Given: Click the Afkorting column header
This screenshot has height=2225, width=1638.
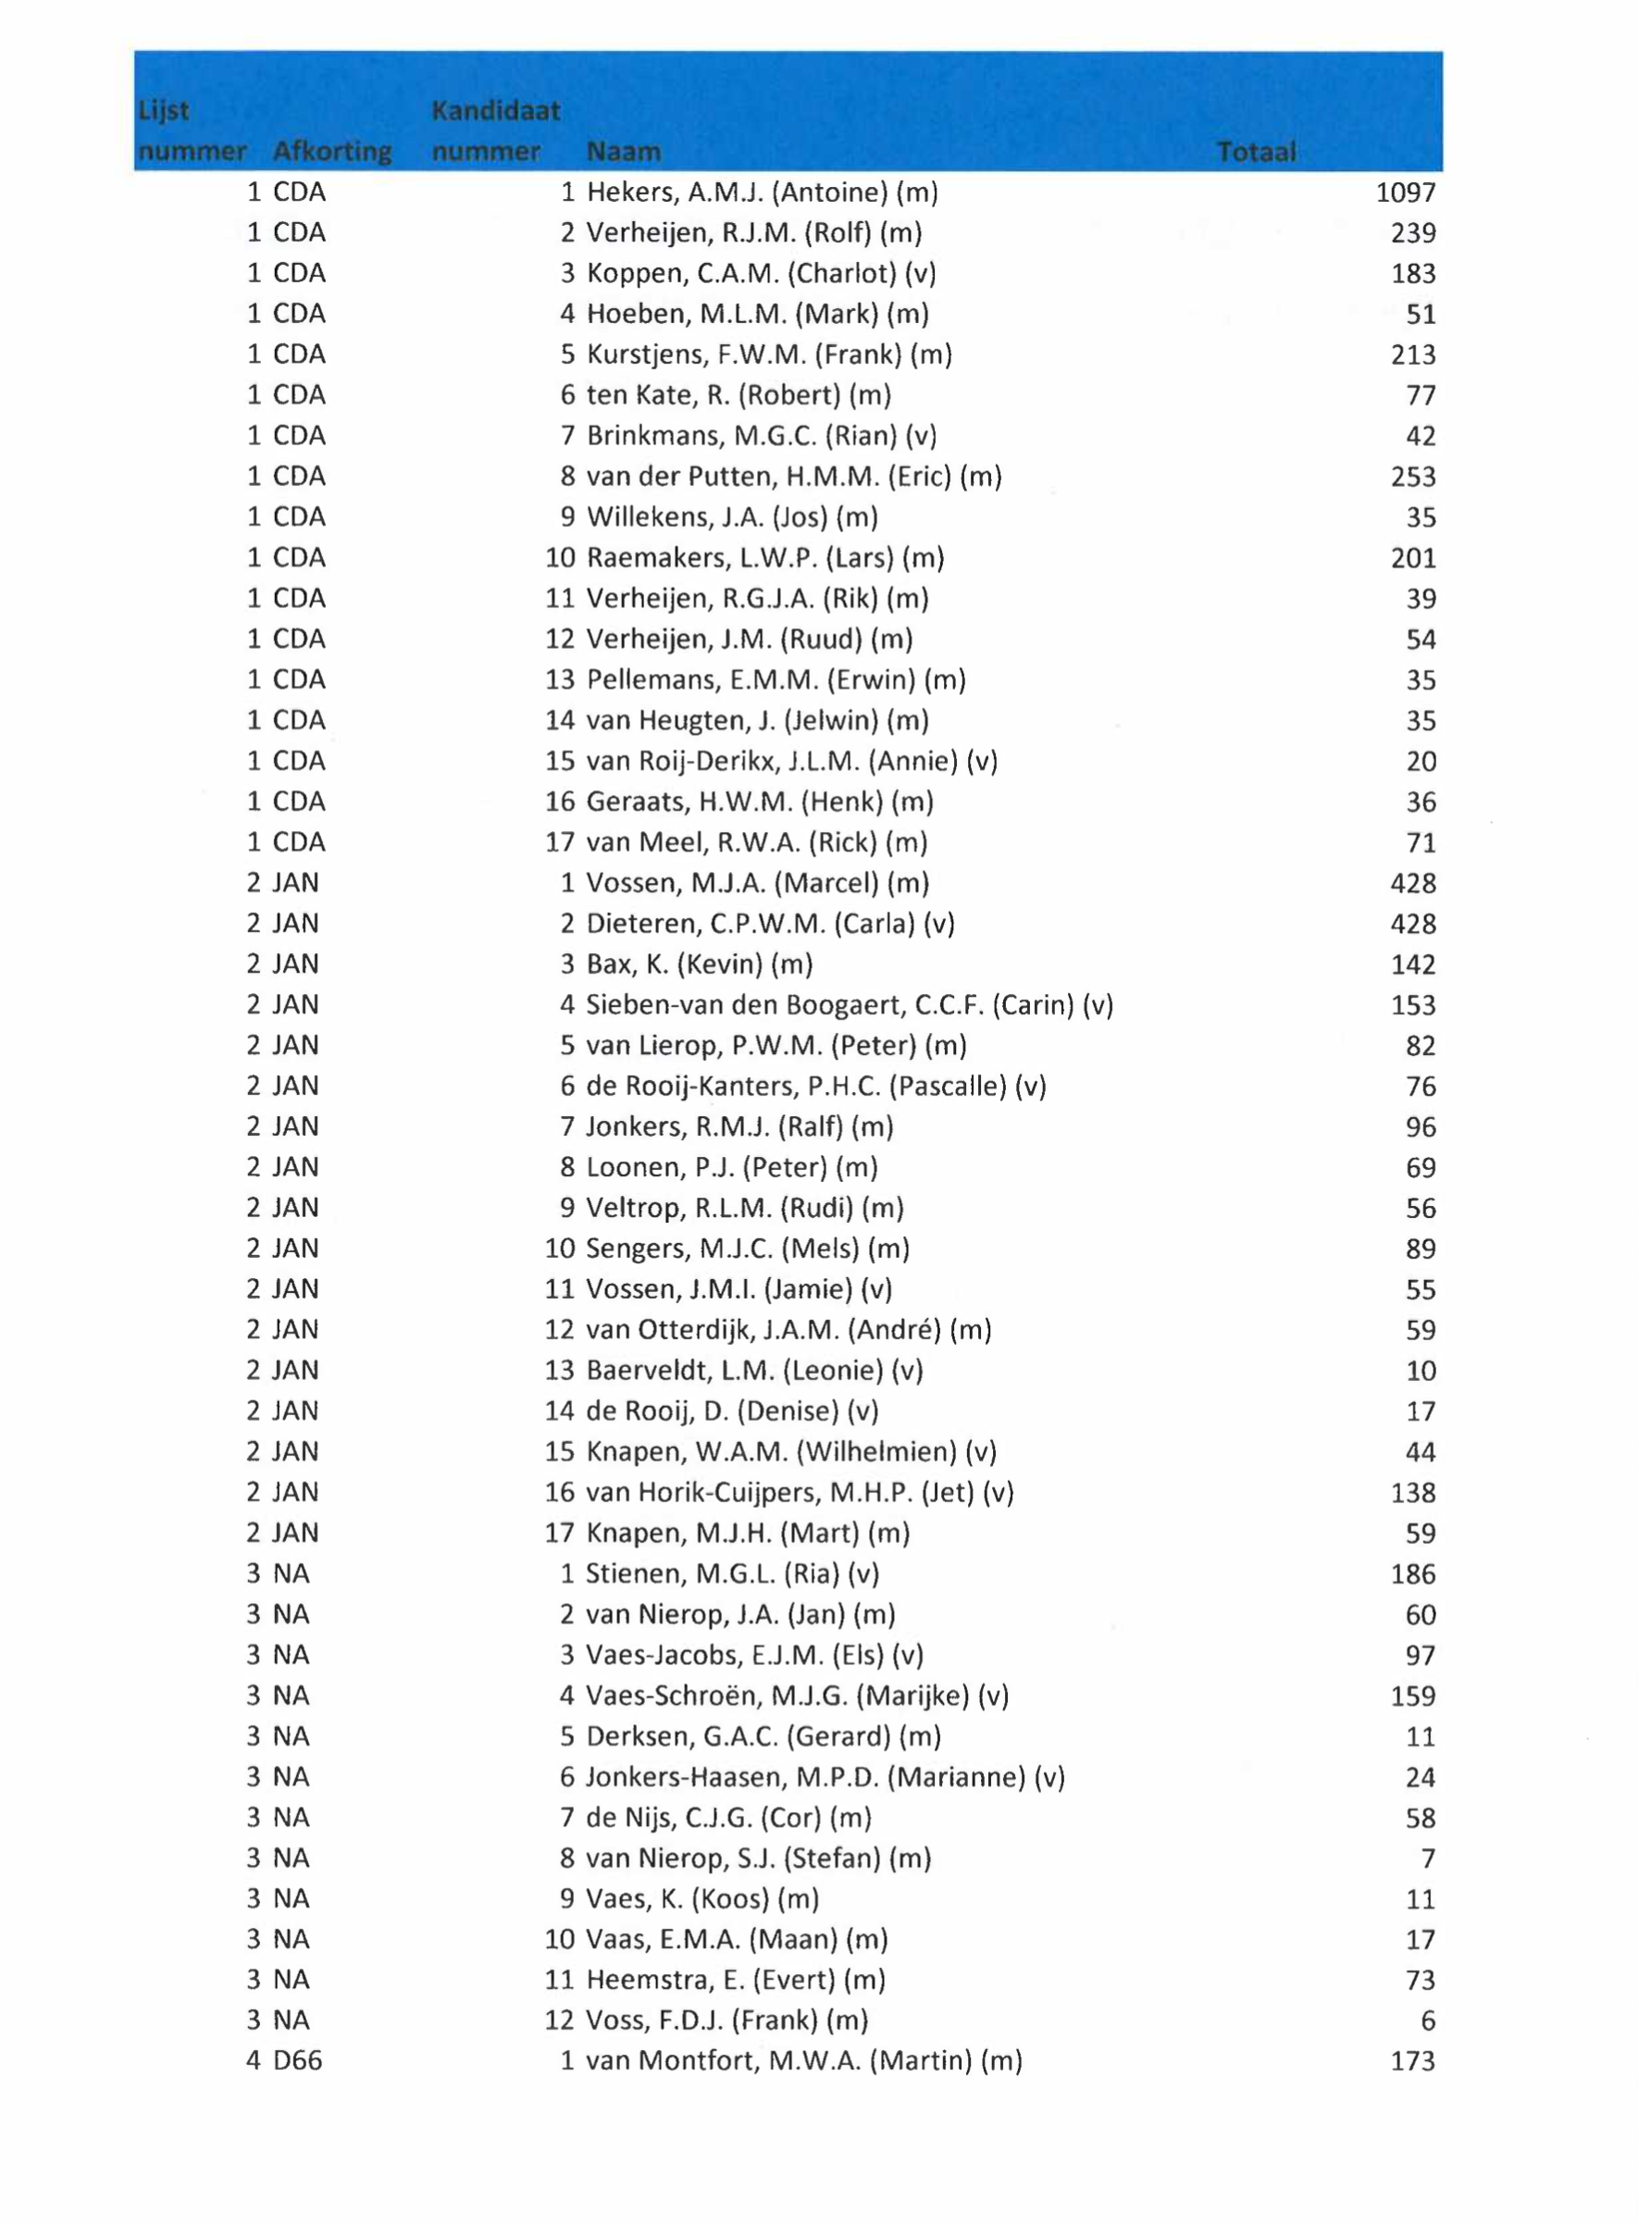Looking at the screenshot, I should [332, 152].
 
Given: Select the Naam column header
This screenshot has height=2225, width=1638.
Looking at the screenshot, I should [623, 152].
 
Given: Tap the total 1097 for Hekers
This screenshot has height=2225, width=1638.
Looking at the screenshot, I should [1405, 193].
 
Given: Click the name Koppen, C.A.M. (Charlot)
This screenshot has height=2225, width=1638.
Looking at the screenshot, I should [761, 274].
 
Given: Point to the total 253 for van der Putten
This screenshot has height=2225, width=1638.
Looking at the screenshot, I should [1412, 477].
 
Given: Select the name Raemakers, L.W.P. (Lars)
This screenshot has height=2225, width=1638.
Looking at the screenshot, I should [764, 558].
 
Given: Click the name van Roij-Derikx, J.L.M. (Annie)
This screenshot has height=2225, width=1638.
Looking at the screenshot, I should [791, 762].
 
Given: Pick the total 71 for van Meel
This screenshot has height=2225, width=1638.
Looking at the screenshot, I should [1420, 843].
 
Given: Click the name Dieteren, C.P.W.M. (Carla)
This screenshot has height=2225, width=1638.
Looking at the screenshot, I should [769, 924].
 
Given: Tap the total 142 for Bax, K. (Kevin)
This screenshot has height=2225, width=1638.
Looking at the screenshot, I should [1412, 964].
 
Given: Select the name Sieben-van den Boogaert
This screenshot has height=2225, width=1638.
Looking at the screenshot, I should [849, 1005].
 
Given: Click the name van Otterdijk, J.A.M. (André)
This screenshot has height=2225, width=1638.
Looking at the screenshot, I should [788, 1330].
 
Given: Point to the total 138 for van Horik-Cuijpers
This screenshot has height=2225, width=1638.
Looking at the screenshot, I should [1412, 1492].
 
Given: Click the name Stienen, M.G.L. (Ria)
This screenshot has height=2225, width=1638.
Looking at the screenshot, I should [732, 1573].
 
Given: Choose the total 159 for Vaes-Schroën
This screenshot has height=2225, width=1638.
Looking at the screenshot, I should [1412, 1696].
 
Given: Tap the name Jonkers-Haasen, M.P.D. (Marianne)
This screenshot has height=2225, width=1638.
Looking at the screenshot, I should [825, 1777].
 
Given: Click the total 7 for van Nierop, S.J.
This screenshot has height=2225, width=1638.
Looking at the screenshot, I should [1428, 1858].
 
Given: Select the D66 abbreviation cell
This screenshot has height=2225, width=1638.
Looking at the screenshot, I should [297, 2061].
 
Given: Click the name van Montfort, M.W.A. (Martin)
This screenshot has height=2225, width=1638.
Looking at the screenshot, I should [803, 2061].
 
